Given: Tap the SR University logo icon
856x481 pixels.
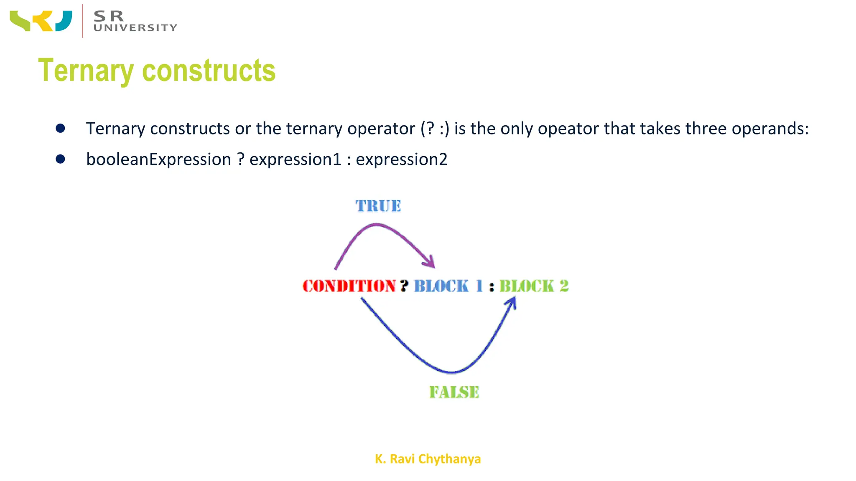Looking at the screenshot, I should [41, 21].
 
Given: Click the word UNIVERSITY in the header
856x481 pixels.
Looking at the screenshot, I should [135, 28].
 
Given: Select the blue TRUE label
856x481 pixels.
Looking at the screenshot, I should [378, 206].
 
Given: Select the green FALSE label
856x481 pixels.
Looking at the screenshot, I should [454, 392].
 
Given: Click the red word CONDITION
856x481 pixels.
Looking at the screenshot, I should [349, 286].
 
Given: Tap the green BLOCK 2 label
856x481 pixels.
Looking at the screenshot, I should [534, 286].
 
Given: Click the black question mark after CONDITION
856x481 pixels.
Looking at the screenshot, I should [404, 286].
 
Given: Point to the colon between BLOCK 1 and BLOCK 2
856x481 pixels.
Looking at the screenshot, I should [492, 287].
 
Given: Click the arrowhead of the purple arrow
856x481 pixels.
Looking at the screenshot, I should [431, 263].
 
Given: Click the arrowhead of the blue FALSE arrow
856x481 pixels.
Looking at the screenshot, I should [512, 301].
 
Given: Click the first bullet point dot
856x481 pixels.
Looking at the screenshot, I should [60, 128].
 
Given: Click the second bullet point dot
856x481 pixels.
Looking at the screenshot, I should [60, 159].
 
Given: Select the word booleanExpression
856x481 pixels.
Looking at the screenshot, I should [158, 159].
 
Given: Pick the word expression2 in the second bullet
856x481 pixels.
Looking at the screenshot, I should [401, 159].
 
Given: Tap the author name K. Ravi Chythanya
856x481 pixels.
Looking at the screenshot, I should [428, 459].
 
